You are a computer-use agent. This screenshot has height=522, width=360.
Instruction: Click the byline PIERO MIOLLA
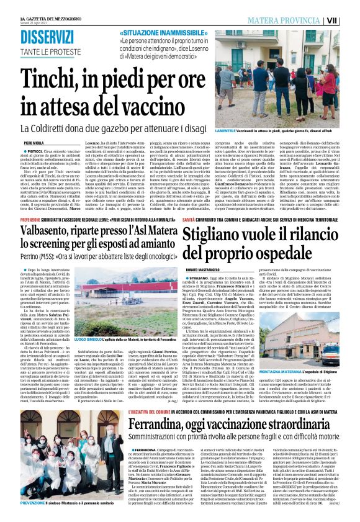33,142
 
